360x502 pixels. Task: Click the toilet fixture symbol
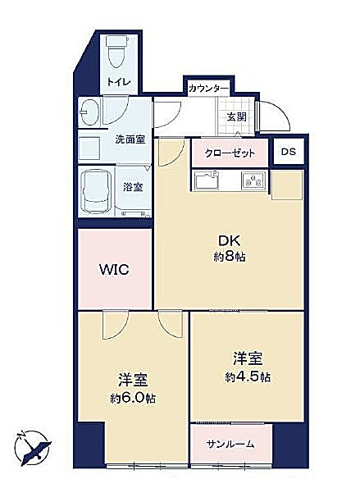(x=116, y=52)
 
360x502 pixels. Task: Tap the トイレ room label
(x=119, y=82)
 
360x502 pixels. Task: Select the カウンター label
(x=208, y=88)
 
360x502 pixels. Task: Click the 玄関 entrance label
(x=237, y=117)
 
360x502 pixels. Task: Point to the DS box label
(x=289, y=152)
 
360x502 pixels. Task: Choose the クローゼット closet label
(x=230, y=153)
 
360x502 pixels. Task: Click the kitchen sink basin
(x=207, y=180)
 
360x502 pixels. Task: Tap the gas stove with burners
(x=253, y=181)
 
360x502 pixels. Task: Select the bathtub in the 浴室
(x=95, y=191)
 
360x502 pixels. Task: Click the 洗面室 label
(x=130, y=139)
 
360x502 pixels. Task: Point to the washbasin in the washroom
(x=89, y=112)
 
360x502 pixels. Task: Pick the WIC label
(x=114, y=270)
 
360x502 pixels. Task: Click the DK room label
(x=229, y=240)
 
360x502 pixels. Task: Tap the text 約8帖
(x=230, y=257)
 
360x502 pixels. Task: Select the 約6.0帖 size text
(x=133, y=399)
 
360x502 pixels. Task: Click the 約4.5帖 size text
(x=248, y=377)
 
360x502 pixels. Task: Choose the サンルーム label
(x=230, y=444)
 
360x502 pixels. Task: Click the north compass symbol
(x=32, y=448)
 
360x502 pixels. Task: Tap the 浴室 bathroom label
(x=133, y=187)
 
